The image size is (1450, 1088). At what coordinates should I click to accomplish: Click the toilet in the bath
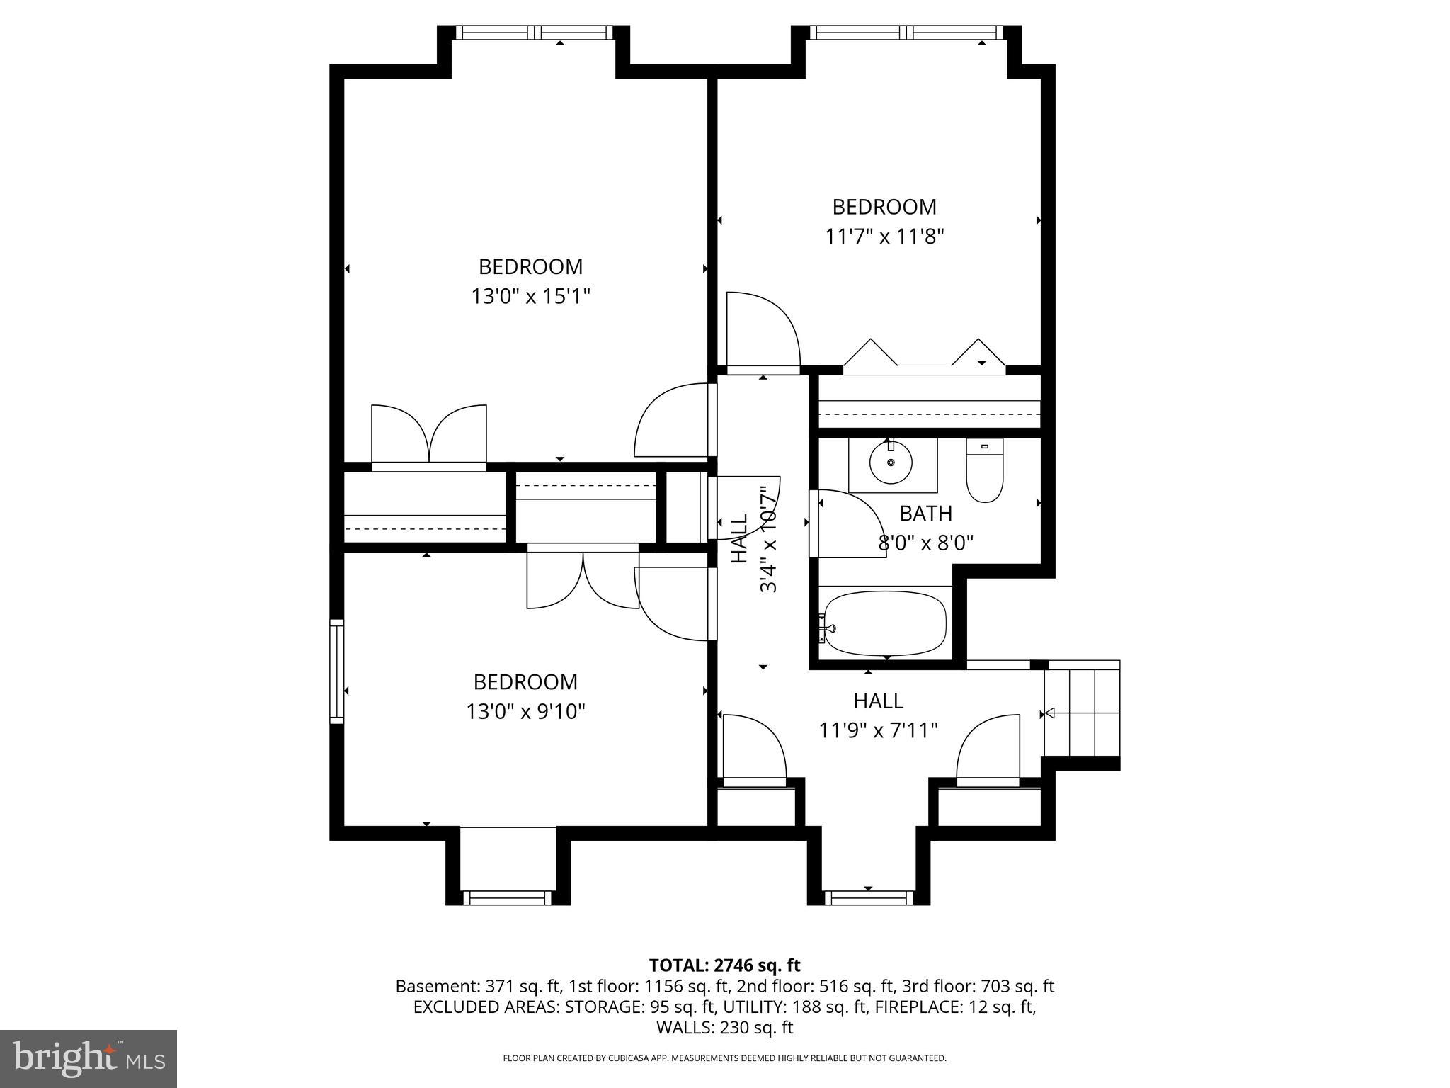[984, 473]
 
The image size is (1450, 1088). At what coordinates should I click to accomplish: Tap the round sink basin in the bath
[891, 462]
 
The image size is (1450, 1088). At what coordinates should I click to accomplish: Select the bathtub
[885, 623]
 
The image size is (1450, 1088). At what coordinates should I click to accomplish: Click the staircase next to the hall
[1082, 713]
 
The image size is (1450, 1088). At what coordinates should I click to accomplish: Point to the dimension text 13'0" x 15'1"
[530, 296]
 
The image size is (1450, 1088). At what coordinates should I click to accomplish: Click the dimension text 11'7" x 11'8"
[884, 236]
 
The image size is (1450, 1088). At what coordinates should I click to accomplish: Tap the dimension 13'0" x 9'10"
[525, 711]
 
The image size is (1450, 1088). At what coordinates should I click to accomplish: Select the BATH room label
[925, 514]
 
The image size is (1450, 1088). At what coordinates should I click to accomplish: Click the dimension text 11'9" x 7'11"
[878, 730]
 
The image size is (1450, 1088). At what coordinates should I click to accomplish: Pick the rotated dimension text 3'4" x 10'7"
[768, 538]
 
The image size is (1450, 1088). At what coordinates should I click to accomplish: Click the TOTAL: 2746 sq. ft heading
[724, 965]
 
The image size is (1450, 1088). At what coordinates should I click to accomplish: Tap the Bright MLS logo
[89, 1058]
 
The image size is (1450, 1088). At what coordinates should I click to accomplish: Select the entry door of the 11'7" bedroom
[762, 331]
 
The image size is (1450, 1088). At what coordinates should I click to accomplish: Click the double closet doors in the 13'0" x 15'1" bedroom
[429, 433]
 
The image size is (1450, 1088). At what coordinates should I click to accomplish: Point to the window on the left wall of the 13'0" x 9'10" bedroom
[337, 671]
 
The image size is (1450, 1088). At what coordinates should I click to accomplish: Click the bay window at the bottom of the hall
[868, 898]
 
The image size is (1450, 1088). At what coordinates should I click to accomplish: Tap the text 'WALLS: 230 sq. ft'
[724, 1028]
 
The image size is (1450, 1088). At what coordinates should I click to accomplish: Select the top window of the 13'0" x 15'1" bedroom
[533, 33]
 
